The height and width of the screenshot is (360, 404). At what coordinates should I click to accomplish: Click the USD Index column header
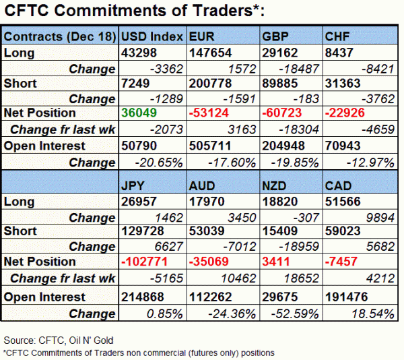tap(152, 36)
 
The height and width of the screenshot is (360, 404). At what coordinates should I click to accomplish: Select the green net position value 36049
tap(139, 113)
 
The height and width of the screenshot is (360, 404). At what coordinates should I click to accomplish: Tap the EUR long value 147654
tap(211, 53)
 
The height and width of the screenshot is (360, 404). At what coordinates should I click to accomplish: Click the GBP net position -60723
tap(281, 113)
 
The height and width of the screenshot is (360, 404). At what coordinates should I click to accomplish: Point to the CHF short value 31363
tap(343, 84)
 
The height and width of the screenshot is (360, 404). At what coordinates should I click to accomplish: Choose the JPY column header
tap(133, 186)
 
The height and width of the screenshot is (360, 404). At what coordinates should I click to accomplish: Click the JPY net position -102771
tap(144, 262)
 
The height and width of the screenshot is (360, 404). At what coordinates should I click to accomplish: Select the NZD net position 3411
tap(276, 262)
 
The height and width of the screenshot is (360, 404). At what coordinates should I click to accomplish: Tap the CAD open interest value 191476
tap(346, 297)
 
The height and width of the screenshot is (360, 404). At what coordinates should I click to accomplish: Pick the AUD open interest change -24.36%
tap(232, 314)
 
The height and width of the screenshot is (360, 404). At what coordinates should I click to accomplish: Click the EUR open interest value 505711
tap(210, 146)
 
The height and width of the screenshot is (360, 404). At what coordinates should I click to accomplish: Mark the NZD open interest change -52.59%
tap(295, 314)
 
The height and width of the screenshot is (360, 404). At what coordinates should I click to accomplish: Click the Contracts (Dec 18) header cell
tap(60, 36)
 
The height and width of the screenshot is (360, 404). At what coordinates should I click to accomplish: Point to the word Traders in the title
tap(222, 11)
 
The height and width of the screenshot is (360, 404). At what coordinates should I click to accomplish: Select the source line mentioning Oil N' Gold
tap(59, 340)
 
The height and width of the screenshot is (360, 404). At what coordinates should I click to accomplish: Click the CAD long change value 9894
tap(380, 218)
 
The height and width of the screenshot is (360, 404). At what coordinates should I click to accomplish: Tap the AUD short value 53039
tap(207, 231)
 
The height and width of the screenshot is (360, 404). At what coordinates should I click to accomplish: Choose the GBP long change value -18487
tap(299, 69)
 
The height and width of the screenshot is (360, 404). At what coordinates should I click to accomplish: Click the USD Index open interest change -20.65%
tap(159, 162)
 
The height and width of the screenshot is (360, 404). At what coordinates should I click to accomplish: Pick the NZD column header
tap(274, 186)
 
